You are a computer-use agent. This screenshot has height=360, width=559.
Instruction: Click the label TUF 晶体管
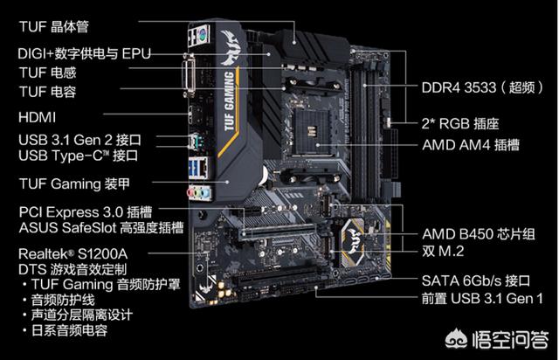tap(53, 27)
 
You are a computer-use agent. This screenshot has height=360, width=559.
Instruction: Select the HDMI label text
tap(37, 117)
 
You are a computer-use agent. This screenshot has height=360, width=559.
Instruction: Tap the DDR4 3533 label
tap(459, 87)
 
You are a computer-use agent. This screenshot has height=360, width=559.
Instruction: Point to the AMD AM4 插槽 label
tap(471, 145)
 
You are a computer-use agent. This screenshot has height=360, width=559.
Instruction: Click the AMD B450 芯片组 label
tap(479, 234)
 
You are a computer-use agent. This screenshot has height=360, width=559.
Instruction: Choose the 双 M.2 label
tap(443, 251)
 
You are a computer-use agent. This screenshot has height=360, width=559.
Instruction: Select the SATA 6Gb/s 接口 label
tap(476, 280)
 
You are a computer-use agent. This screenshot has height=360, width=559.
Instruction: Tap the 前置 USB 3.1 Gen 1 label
tap(482, 298)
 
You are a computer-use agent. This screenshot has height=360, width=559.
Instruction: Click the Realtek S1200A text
tap(72, 254)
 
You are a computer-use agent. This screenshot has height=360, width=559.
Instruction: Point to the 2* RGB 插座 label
tap(460, 124)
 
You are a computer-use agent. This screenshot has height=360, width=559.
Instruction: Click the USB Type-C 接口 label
tap(78, 156)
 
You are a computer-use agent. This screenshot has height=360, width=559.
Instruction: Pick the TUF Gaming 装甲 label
tap(74, 184)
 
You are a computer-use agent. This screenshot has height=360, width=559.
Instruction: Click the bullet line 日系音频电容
tap(69, 330)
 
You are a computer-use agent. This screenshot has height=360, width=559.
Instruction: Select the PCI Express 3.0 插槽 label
tap(86, 212)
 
